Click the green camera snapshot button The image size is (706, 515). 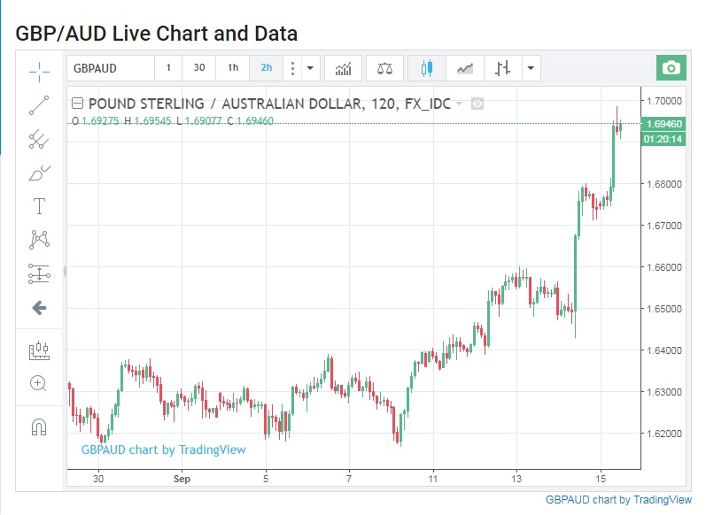(671, 68)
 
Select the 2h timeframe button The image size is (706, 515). (266, 68)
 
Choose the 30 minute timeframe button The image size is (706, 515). (199, 68)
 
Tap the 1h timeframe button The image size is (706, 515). (232, 68)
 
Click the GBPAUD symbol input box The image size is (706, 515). (110, 68)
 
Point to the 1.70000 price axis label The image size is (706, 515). (664, 101)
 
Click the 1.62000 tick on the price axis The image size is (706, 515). (664, 434)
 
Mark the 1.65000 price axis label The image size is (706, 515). (664, 309)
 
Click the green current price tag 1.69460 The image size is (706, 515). (664, 124)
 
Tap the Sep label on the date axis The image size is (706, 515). (182, 479)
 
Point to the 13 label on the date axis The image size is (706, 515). (517, 479)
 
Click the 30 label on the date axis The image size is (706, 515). (99, 479)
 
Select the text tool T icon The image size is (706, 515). (39, 207)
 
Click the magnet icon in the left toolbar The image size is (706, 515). (39, 427)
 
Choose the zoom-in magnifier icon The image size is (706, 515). (39, 383)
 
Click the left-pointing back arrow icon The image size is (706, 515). (39, 308)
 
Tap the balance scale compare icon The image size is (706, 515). (384, 68)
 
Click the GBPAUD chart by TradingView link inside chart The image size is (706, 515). (164, 450)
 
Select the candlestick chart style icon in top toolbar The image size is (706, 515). (427, 68)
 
